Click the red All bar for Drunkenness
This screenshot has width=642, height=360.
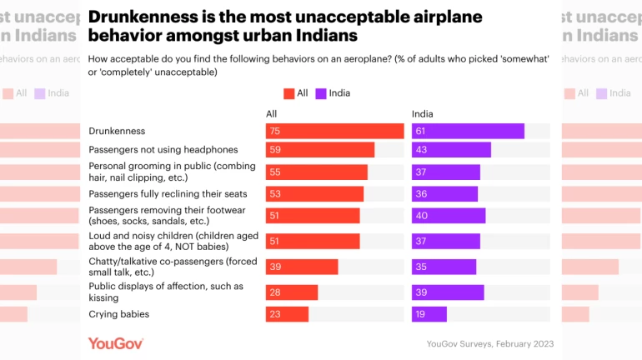coord(334,131)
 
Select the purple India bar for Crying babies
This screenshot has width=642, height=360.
coord(429,314)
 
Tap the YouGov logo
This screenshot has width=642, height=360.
coord(116,343)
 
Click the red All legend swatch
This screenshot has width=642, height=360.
coord(289,93)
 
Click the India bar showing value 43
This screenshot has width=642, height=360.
coord(451,150)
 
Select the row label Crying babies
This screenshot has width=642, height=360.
coord(119,314)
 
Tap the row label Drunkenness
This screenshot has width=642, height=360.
coord(117,131)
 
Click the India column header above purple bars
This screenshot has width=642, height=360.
coord(423,114)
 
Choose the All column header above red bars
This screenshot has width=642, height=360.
coord(271,114)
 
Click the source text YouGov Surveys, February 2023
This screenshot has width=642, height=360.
coord(489,343)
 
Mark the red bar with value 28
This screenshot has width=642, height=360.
coord(292,292)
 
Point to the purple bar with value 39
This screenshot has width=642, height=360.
coord(448,292)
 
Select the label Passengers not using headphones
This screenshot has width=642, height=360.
coord(163,150)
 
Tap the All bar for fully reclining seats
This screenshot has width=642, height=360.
coord(314,194)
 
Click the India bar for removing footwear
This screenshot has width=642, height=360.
coord(449,216)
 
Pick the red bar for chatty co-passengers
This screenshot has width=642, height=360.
coord(302,267)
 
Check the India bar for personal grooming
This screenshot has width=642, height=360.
coord(446,172)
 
